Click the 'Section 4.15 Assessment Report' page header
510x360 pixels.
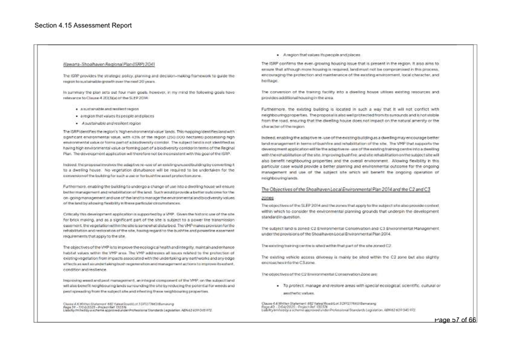tap(83, 26)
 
